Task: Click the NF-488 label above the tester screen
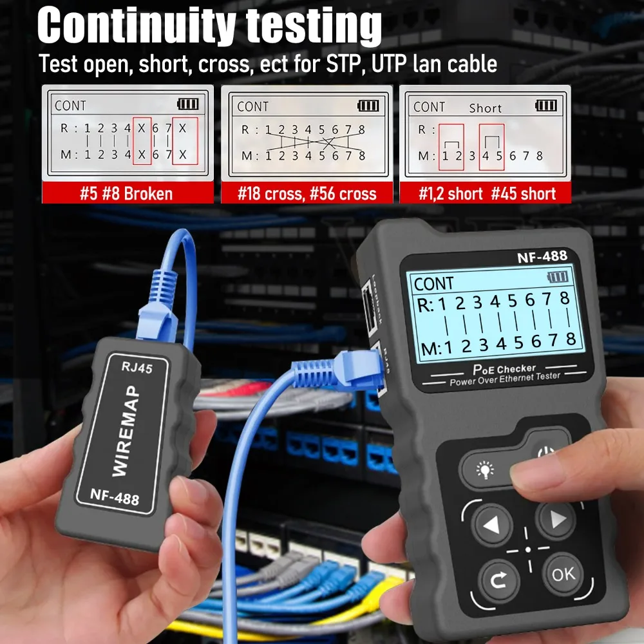[542, 256]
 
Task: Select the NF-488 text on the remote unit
[115, 497]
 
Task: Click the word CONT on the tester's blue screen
[433, 283]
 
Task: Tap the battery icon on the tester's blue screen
[558, 277]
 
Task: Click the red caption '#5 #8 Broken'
[127, 193]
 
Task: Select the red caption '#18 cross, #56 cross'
[307, 193]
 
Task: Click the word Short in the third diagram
[485, 108]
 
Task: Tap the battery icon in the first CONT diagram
[188, 104]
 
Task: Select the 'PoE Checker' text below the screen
[495, 370]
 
